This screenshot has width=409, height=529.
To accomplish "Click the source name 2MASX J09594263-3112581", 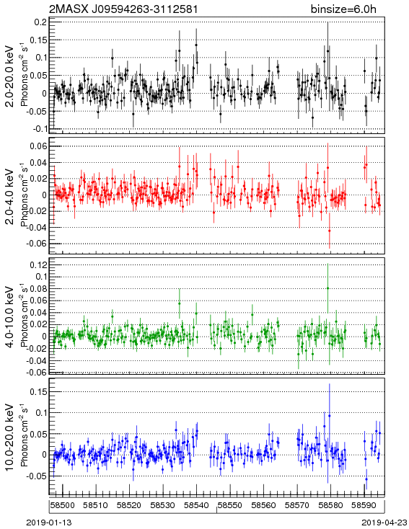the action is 123,9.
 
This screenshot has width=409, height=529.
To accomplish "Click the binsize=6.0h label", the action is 343,9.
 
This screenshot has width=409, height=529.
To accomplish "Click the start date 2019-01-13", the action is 49,523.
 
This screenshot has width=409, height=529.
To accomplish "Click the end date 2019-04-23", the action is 384,523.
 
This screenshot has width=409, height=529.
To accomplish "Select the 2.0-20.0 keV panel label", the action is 10,76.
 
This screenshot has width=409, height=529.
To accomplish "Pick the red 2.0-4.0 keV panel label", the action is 10,196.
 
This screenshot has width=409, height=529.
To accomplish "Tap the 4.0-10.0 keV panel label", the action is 10,317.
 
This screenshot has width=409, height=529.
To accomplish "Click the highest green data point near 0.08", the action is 327,288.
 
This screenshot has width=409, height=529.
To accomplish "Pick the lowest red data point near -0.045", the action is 330,231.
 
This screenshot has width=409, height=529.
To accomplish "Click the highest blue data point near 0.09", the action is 330,416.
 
